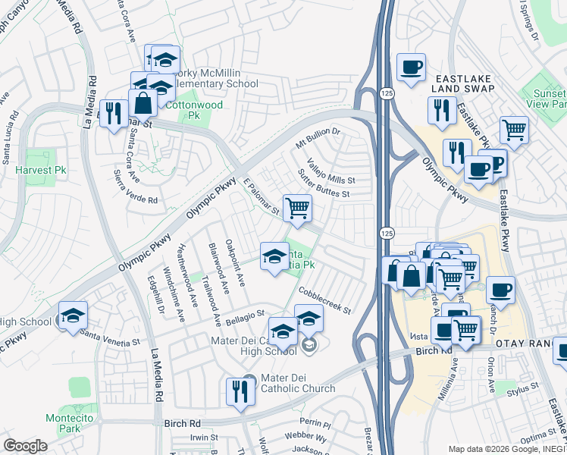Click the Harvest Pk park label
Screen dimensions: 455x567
41,171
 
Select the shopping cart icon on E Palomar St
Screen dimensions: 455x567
297,207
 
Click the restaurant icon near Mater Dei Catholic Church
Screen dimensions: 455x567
240,392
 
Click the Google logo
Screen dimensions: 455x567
25,446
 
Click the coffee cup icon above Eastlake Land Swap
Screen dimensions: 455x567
410,67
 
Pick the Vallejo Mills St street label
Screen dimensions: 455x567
331,171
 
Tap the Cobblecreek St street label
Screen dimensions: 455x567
324,299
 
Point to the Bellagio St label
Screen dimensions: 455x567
243,313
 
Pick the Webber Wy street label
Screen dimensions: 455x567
306,438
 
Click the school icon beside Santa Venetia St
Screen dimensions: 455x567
73,315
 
